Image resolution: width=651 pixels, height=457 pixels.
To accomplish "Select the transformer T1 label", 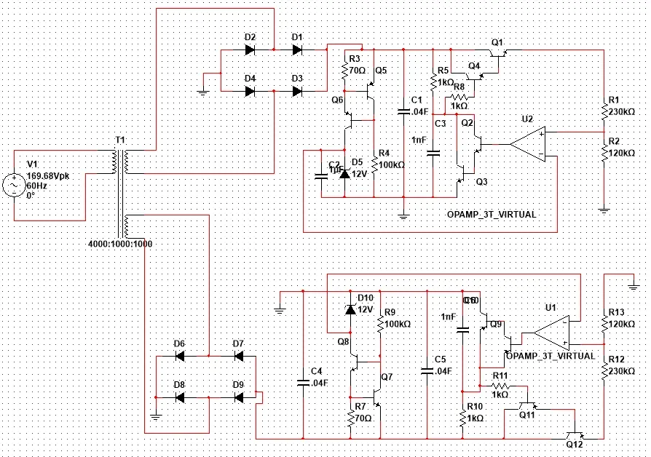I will pyautogui.click(x=120, y=139).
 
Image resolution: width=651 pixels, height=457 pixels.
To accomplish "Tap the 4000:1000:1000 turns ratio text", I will pyautogui.click(x=120, y=243).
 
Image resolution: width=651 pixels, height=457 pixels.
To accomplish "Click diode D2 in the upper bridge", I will pyautogui.click(x=250, y=49).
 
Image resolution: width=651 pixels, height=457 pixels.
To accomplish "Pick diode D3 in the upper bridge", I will pyautogui.click(x=297, y=91).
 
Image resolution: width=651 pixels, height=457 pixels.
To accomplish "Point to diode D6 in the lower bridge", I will pyautogui.click(x=179, y=356).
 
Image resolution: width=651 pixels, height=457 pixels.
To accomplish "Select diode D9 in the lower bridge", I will pyautogui.click(x=238, y=397).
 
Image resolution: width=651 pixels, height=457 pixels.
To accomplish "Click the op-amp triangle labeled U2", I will pyautogui.click(x=528, y=144).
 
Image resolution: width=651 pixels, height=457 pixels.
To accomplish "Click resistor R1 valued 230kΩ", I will pyautogui.click(x=604, y=111).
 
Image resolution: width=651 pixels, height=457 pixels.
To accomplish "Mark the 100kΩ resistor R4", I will pyautogui.click(x=374, y=164).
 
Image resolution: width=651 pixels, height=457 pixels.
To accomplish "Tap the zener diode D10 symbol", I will pyautogui.click(x=350, y=309).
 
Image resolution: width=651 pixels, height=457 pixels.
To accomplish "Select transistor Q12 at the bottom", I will pyautogui.click(x=577, y=437).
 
